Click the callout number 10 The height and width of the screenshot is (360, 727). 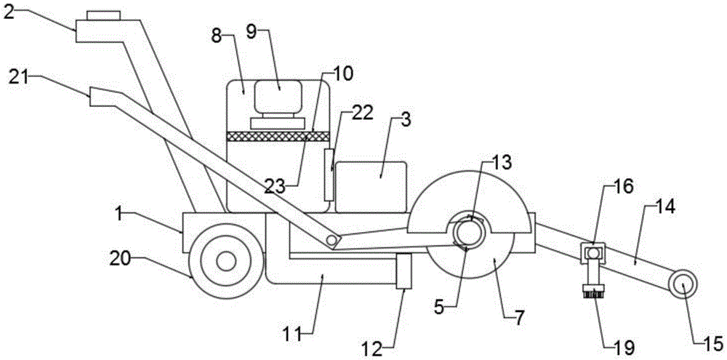tap(341, 75)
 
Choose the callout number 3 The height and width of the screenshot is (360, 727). tap(406, 120)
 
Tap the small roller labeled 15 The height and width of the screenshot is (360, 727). tap(684, 284)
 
